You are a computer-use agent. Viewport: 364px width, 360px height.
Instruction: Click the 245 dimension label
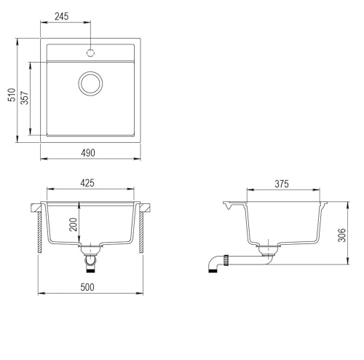[x=62, y=17]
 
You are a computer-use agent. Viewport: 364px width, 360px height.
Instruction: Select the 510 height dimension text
[x=12, y=95]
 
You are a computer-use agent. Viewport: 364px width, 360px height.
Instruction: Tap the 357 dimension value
[x=25, y=98]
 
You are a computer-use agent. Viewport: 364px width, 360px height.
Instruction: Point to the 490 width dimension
[x=88, y=153]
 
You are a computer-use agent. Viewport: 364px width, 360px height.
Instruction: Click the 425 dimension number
[x=87, y=183]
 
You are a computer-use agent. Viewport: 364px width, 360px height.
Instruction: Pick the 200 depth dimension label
[x=73, y=224]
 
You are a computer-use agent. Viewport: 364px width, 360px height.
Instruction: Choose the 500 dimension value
[x=87, y=287]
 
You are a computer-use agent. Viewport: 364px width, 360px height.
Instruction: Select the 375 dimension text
[x=282, y=184]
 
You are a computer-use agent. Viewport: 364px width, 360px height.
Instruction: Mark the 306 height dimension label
[x=341, y=235]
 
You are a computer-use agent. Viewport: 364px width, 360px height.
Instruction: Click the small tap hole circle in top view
[x=90, y=52]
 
